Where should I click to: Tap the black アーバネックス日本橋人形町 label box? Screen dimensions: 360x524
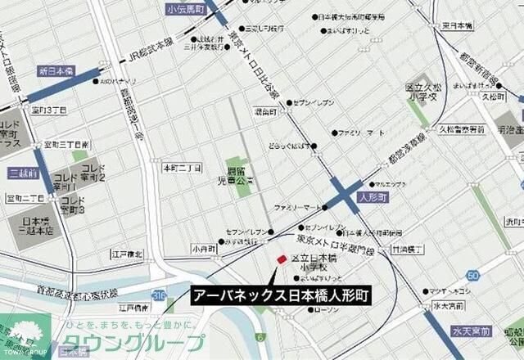pyautogui.click(x=282, y=295)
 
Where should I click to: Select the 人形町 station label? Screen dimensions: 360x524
pyautogui.click(x=373, y=197)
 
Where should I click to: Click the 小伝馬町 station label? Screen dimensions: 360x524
pyautogui.click(x=184, y=10)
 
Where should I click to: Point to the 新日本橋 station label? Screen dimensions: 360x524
pyautogui.click(x=56, y=72)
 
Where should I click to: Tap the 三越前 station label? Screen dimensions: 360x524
pyautogui.click(x=24, y=173)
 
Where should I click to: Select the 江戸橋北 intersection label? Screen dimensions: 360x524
pyautogui.click(x=127, y=254)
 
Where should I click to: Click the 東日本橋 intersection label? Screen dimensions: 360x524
pyautogui.click(x=457, y=26)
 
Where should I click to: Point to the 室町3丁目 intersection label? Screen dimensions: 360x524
pyautogui.click(x=48, y=110)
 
